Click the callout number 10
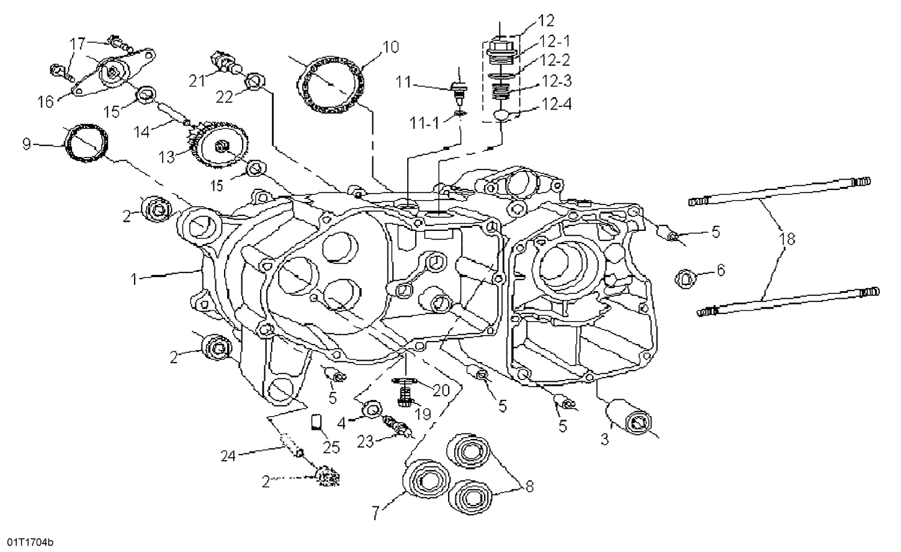[391, 46]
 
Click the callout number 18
[789, 239]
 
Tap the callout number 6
[721, 271]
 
